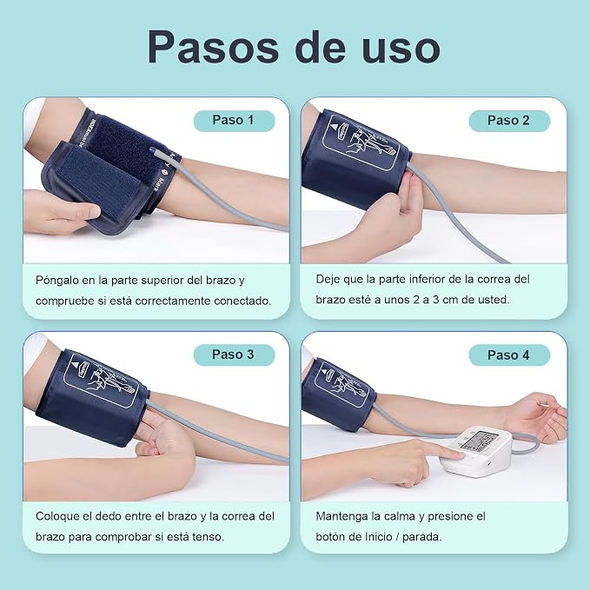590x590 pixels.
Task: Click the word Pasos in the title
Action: pyautogui.click(x=213, y=47)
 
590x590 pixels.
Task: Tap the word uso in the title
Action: pyautogui.click(x=401, y=48)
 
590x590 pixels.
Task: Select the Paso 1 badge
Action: pyautogui.click(x=234, y=121)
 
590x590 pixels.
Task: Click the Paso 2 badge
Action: pyautogui.click(x=509, y=121)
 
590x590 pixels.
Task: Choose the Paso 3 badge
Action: pyautogui.click(x=234, y=355)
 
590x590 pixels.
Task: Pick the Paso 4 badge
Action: pyautogui.click(x=509, y=355)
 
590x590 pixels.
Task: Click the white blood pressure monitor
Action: pyautogui.click(x=476, y=450)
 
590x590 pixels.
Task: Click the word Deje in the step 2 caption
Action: pyautogui.click(x=327, y=280)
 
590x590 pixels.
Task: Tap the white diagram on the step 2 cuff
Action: pyautogui.click(x=361, y=142)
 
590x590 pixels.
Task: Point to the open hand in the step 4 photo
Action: pyautogui.click(x=536, y=417)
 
